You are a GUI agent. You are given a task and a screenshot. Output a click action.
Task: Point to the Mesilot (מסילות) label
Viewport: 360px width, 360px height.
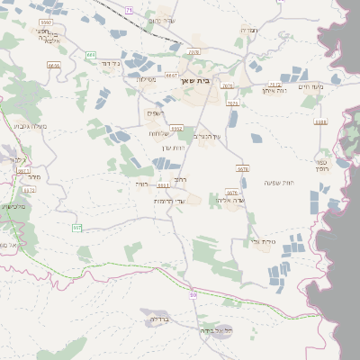[x=146, y=79]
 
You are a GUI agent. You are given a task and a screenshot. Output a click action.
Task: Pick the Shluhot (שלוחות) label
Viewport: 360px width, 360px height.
[x=162, y=133]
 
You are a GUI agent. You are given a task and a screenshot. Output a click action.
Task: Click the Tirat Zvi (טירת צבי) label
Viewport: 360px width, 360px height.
[x=263, y=241]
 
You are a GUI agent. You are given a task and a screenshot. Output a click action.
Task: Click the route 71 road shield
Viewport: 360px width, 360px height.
[x=129, y=9]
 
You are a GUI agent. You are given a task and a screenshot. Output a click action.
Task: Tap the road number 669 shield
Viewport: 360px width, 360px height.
[x=91, y=55]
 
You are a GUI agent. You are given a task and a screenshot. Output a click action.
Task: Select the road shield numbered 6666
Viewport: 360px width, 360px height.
[x=53, y=65]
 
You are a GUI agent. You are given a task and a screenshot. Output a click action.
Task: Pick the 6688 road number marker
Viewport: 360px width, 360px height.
[x=320, y=121]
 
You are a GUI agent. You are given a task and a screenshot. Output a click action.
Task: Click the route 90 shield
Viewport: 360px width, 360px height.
[x=193, y=295]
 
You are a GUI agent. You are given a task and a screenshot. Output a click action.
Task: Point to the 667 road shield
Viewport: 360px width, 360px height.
[x=77, y=229]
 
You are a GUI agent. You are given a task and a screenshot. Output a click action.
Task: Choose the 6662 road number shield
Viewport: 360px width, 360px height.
[x=176, y=129]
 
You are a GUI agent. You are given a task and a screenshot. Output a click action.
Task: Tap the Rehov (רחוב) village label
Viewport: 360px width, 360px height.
[x=180, y=180]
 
